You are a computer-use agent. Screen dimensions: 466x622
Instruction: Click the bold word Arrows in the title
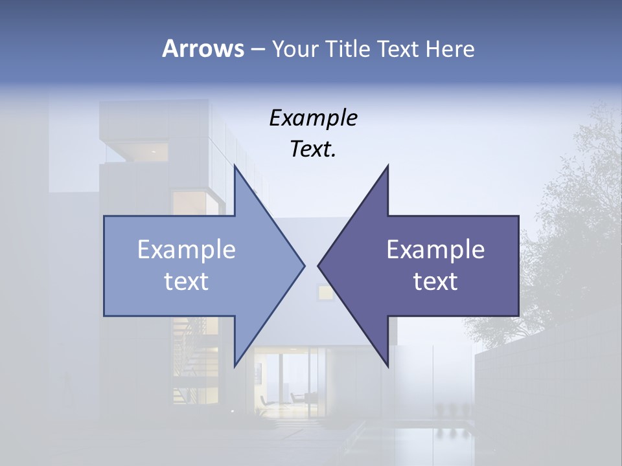pyautogui.click(x=203, y=49)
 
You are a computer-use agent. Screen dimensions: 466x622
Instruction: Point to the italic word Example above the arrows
pyautogui.click(x=313, y=118)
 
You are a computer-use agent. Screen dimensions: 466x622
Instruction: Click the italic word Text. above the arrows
pyautogui.click(x=313, y=150)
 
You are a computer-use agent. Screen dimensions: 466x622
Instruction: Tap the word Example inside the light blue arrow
pyautogui.click(x=187, y=249)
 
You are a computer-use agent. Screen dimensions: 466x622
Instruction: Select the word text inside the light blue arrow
pyautogui.click(x=187, y=281)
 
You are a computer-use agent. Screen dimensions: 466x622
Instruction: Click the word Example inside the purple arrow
pyautogui.click(x=435, y=249)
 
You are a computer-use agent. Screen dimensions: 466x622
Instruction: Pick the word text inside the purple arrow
pyautogui.click(x=435, y=281)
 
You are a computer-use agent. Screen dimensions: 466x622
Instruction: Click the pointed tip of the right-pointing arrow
pyautogui.click(x=305, y=265)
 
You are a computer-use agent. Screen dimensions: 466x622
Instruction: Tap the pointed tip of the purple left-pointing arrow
pyautogui.click(x=318, y=265)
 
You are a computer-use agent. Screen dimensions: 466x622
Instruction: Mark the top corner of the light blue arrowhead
pyautogui.click(x=235, y=166)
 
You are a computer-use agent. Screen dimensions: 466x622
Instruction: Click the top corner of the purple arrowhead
pyautogui.click(x=388, y=166)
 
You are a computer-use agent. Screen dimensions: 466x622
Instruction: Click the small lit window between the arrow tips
pyautogui.click(x=325, y=292)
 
